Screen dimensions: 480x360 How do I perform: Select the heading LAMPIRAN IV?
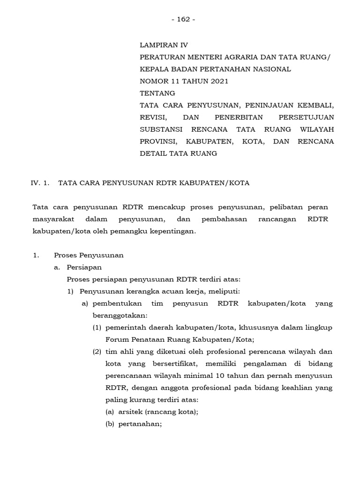164,45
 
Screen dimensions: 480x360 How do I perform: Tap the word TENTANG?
157,93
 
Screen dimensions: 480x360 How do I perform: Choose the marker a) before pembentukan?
85,304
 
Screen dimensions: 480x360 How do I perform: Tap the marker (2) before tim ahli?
97,352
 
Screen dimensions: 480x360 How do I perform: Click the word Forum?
117,340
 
